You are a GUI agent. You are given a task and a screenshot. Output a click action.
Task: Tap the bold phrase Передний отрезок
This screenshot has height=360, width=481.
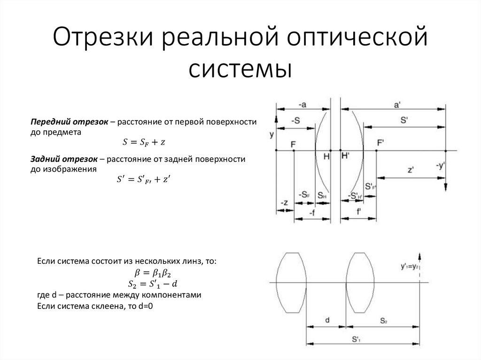coord(70,122)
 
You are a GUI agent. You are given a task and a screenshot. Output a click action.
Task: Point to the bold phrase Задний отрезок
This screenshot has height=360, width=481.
coord(64,160)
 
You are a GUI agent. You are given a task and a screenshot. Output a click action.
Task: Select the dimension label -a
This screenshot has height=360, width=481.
coord(303,104)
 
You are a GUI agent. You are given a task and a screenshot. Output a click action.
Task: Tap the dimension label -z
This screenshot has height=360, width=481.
coord(284,202)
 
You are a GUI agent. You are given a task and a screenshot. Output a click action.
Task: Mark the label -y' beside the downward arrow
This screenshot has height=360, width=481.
coord(440,165)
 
